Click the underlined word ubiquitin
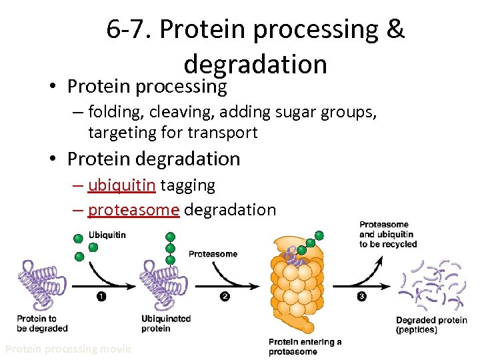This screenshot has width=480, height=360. click(121, 185)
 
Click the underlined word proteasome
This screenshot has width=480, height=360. click(133, 209)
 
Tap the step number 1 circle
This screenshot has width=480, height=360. click(101, 297)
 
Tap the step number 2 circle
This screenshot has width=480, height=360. click(225, 297)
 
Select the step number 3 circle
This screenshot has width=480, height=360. click(361, 297)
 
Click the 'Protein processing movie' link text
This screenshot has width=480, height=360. click(68, 349)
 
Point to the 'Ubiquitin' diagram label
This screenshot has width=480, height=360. click(107, 235)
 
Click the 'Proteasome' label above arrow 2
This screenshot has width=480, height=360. click(213, 254)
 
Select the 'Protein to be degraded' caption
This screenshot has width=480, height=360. click(42, 323)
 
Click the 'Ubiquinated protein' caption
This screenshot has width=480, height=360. click(166, 323)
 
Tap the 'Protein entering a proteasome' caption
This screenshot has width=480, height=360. click(305, 347)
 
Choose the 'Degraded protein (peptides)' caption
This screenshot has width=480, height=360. click(431, 325)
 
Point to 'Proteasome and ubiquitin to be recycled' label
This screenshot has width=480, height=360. click(388, 235)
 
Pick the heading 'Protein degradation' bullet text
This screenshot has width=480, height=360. click(153, 159)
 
